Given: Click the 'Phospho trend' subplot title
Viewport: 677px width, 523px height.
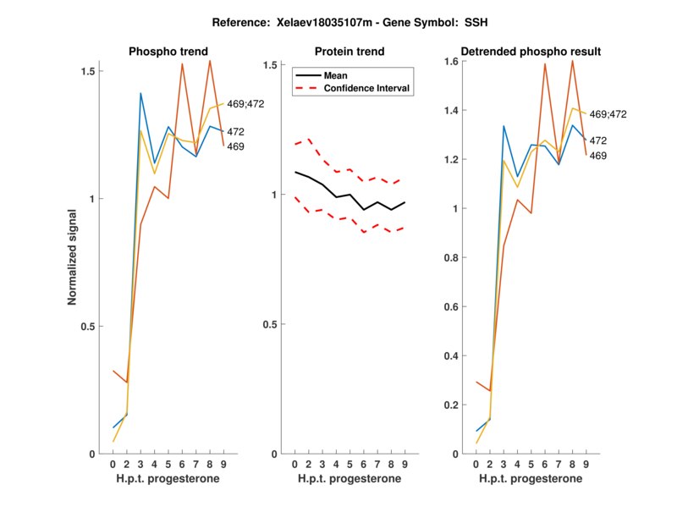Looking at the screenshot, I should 168,52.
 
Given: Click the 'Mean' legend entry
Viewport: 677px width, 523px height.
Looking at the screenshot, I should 335,75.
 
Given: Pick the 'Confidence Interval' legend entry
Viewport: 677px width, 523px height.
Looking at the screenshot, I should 366,88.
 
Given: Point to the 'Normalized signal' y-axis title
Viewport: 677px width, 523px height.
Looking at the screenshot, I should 74,258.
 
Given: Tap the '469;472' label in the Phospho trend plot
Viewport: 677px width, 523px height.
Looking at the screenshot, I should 247,104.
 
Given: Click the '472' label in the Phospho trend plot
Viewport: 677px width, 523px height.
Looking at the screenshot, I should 237,132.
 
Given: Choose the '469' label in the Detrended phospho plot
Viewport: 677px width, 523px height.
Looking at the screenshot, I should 599,156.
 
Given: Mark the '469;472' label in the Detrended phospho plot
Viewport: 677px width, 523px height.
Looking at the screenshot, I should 608,114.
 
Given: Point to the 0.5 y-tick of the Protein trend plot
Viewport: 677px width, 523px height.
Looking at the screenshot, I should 272,325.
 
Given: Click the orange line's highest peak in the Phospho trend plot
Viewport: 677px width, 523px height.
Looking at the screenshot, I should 210,61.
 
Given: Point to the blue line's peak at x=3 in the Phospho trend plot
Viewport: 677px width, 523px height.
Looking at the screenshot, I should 140,93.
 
